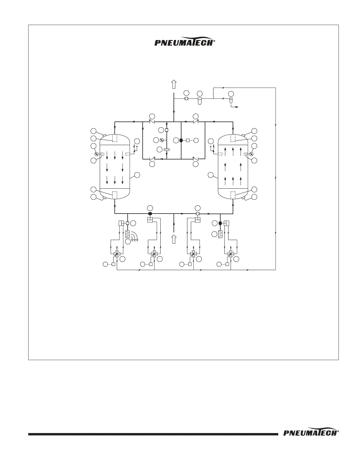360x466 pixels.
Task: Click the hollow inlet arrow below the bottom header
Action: pyautogui.click(x=174, y=239)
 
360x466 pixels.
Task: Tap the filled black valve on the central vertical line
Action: pyautogui.click(x=181, y=140)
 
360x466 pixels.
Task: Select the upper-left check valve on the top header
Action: pyautogui.click(x=152, y=121)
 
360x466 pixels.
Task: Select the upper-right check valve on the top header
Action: pyautogui.click(x=196, y=121)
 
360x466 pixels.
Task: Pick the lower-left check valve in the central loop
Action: pyautogui.click(x=152, y=159)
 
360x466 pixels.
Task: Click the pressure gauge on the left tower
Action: pyautogui.click(x=96, y=154)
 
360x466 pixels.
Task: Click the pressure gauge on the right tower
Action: pyautogui.click(x=251, y=154)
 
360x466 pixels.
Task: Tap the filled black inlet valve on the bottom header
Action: pyautogui.click(x=150, y=214)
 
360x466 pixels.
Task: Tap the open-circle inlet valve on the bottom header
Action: pyautogui.click(x=197, y=214)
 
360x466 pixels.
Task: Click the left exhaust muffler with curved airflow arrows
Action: pyautogui.click(x=128, y=234)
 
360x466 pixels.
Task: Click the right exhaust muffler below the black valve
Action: pyautogui.click(x=220, y=234)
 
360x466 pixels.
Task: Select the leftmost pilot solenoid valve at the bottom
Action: pyautogui.click(x=117, y=254)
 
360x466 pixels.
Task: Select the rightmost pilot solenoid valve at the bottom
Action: pyautogui.click(x=231, y=254)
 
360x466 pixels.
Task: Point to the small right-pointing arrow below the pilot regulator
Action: pyautogui.click(x=235, y=107)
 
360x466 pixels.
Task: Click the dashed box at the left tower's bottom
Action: pyautogui.click(x=115, y=194)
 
